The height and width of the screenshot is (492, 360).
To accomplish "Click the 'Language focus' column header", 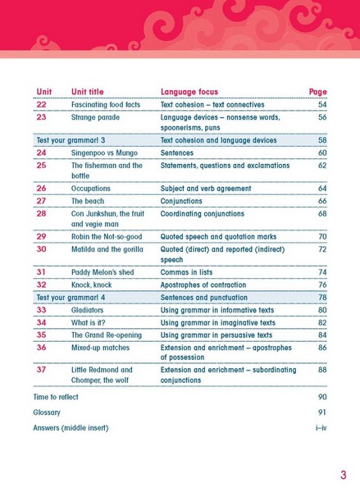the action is coord(189,92).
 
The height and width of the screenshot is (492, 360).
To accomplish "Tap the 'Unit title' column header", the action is coord(87,92).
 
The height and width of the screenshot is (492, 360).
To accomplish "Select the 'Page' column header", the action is coord(318,92).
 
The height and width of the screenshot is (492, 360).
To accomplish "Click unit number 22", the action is coord(42,104).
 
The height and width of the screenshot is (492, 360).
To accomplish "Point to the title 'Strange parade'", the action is coord(95,117).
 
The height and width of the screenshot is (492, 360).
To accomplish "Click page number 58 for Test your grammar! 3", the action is coord(322,140).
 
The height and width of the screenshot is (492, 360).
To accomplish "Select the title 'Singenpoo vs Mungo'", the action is coord(104,153).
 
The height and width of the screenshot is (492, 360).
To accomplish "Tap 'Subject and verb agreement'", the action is coord(206,189).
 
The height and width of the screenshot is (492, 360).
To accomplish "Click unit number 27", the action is coord(42,201).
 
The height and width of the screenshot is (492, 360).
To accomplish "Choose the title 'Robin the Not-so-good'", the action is coord(107,237).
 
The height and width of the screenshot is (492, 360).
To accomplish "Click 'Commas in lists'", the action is coord(186,272).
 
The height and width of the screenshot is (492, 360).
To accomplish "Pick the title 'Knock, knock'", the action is coord(92,285).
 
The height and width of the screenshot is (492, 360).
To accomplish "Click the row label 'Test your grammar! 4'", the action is coord(71,298).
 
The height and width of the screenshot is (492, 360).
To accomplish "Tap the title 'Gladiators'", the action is coord(87,310).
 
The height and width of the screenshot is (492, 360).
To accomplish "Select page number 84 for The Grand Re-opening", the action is coord(322,335).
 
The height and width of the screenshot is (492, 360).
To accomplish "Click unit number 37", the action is coord(42,370).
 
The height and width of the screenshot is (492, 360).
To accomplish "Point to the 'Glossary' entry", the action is coord(47,412).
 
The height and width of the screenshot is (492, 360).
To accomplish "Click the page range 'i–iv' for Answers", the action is coord(321,428).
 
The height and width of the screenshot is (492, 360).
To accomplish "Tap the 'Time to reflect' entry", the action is coord(56,397).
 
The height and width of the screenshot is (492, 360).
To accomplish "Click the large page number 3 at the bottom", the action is coord(344,475).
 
